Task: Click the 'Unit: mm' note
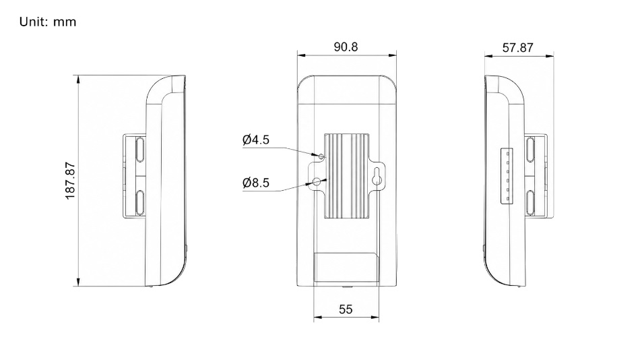(x=48, y=22)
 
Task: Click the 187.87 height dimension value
(x=70, y=181)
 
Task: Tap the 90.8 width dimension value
(x=346, y=47)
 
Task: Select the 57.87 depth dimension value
(x=517, y=48)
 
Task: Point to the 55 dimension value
(x=346, y=309)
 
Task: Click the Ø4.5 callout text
(x=256, y=140)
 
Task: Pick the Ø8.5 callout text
(x=256, y=183)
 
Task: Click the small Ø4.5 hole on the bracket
(x=321, y=156)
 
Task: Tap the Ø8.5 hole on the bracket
(x=317, y=181)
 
